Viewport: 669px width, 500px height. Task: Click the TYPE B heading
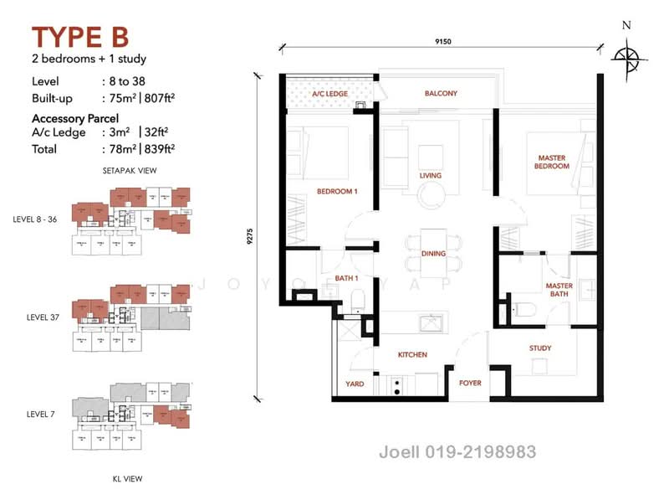(80, 39)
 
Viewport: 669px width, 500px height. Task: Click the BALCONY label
(441, 93)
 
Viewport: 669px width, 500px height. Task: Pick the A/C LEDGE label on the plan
(329, 95)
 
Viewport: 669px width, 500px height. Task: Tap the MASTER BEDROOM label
(552, 162)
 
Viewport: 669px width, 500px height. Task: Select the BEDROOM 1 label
(337, 192)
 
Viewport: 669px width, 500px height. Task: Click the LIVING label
(431, 176)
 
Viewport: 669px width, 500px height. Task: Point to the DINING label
(433, 253)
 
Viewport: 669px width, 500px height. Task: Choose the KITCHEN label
(412, 354)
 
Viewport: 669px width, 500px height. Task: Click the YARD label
(354, 384)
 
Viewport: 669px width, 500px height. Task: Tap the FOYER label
(469, 384)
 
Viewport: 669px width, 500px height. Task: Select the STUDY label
(539, 348)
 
